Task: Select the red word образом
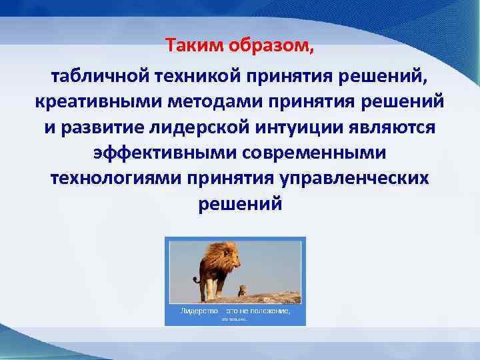pos(269,46)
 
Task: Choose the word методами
pos(190,103)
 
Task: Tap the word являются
pos(386,128)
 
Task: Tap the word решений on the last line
pos(240,204)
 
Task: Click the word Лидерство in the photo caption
pos(199,311)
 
